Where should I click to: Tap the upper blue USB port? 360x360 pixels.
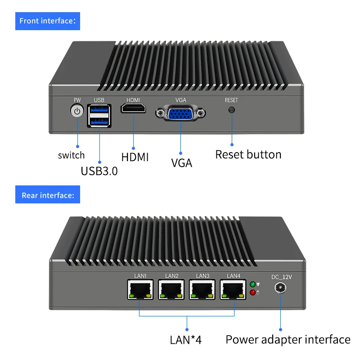tap(99, 109)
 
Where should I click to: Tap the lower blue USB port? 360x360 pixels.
tap(99, 121)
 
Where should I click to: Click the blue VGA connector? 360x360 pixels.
tap(180, 113)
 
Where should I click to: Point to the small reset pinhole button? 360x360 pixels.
tap(232, 110)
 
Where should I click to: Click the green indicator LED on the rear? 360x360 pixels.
tap(252, 284)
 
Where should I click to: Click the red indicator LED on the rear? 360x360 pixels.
tap(252, 293)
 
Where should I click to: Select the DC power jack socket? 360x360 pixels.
tap(281, 289)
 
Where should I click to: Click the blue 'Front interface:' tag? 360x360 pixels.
tap(48, 21)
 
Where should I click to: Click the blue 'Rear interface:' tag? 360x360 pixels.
tap(48, 195)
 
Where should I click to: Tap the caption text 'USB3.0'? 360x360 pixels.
tap(99, 171)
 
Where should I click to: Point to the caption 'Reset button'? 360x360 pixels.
tap(248, 154)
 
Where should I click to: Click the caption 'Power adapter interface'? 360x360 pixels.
tap(288, 339)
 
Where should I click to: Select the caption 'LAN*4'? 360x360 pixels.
tap(185, 339)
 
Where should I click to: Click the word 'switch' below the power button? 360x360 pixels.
tap(71, 155)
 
